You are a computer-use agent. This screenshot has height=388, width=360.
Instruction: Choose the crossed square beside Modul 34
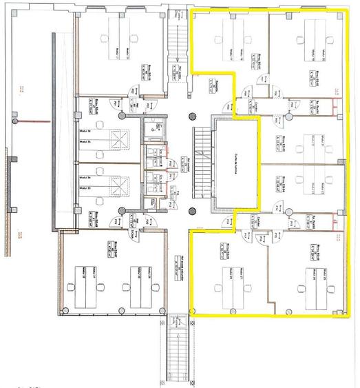121,184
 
